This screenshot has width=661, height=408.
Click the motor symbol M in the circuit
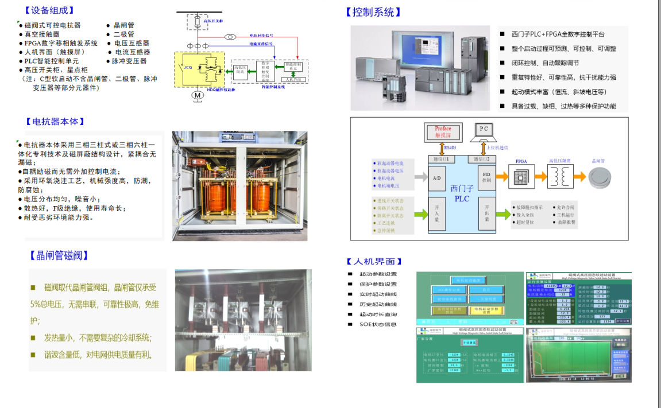197,94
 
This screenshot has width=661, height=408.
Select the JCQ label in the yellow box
187,67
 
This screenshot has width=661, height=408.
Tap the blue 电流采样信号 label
261,43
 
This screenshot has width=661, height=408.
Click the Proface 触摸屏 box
443,132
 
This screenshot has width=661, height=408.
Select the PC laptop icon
484,132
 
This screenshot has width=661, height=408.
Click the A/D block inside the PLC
436,179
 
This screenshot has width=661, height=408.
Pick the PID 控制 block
486,177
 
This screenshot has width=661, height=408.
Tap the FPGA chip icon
521,177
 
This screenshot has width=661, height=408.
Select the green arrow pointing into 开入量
421,215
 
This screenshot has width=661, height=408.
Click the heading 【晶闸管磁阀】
60,256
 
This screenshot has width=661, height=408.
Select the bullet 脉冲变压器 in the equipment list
129,61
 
